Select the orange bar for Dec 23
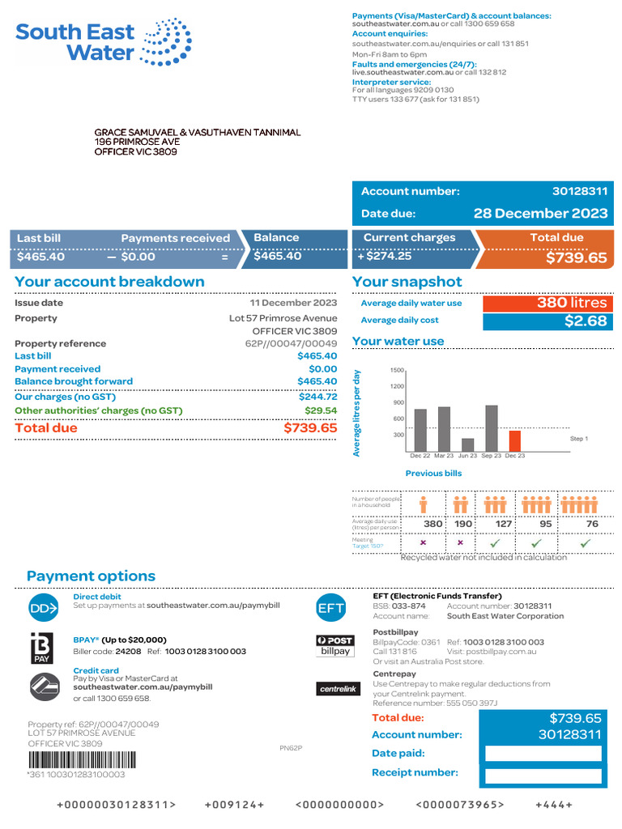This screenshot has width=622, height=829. pos(514,440)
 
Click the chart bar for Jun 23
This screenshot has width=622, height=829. pos(467,444)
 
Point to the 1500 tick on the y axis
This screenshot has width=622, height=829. pos(397,370)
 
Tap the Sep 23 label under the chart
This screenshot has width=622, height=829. pos(491,457)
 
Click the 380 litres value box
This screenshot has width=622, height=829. pos(547,303)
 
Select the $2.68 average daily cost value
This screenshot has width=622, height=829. pos(547,321)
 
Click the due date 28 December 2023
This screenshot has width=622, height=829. pos(540,214)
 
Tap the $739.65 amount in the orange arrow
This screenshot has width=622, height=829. pos(575,257)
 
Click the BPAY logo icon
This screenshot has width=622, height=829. pos(41,648)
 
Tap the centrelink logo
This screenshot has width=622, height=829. pos(337,689)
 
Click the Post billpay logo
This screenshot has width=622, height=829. pos(335,645)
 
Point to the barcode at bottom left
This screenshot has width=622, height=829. pos(82,760)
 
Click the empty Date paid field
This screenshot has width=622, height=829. pos(543,754)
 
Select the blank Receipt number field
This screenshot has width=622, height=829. pos(543,776)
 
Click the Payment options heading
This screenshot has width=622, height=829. pos(91,576)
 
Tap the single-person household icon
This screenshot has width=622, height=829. pos(424,504)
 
